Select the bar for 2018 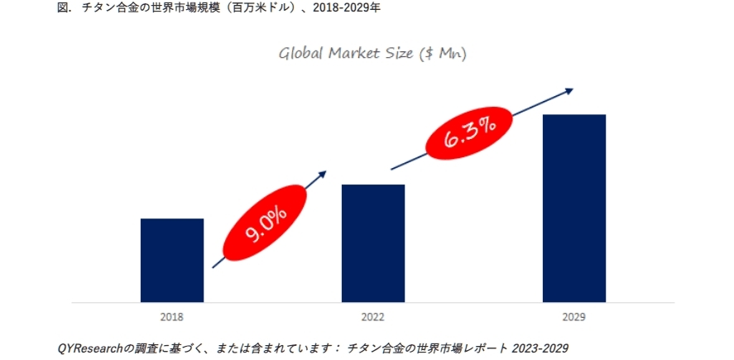[171, 260]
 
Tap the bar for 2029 [574, 208]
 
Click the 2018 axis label [172, 317]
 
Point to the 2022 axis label [373, 317]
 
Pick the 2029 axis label [574, 317]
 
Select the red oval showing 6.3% [469, 133]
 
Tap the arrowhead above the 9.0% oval [322, 175]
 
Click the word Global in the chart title [299, 55]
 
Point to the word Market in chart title [353, 55]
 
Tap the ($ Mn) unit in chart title [444, 55]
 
